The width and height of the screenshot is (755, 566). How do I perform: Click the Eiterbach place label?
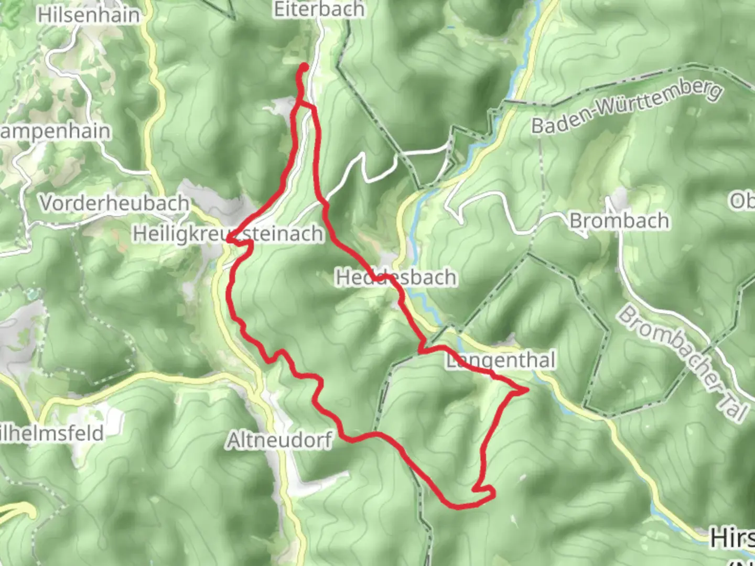(x=319, y=9)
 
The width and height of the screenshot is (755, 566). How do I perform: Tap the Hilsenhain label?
(x=89, y=15)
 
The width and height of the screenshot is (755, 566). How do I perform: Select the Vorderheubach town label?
(x=114, y=203)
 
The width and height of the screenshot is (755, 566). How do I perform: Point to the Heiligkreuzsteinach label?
(x=228, y=234)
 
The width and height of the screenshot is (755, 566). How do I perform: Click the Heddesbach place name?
(x=395, y=277)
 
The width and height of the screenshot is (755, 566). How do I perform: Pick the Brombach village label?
(x=619, y=221)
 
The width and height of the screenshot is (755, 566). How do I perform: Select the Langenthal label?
(x=501, y=361)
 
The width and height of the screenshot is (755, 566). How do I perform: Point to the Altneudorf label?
(x=279, y=441)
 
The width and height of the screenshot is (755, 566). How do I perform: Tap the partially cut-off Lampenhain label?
(x=55, y=131)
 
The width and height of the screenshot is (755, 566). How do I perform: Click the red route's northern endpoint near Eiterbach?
(x=304, y=67)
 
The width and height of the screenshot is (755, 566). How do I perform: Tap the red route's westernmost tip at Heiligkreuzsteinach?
(x=229, y=240)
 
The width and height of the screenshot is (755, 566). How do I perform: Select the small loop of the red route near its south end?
(x=485, y=491)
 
